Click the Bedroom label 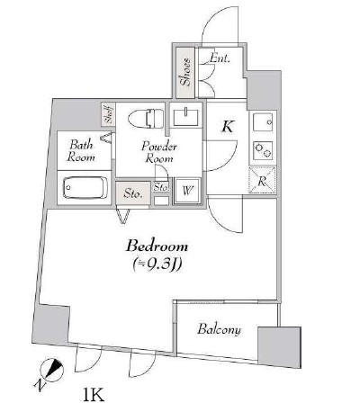pyautogui.click(x=157, y=246)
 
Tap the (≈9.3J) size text pyautogui.click(x=157, y=264)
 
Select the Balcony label pyautogui.click(x=219, y=329)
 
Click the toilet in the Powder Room pyautogui.click(x=146, y=119)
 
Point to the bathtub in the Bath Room pyautogui.click(x=85, y=188)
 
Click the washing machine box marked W pyautogui.click(x=187, y=191)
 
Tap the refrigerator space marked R pyautogui.click(x=263, y=181)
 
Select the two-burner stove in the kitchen pyautogui.click(x=263, y=150)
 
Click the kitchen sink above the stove pyautogui.click(x=263, y=122)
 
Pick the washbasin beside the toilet pyautogui.click(x=186, y=117)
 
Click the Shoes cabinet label pyautogui.click(x=185, y=72)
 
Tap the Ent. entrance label pyautogui.click(x=220, y=58)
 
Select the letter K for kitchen pyautogui.click(x=228, y=127)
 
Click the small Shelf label pyautogui.click(x=109, y=115)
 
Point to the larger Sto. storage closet pyautogui.click(x=133, y=193)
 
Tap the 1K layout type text pyautogui.click(x=94, y=395)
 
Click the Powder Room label pyautogui.click(x=159, y=152)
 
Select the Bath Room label pyautogui.click(x=81, y=151)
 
